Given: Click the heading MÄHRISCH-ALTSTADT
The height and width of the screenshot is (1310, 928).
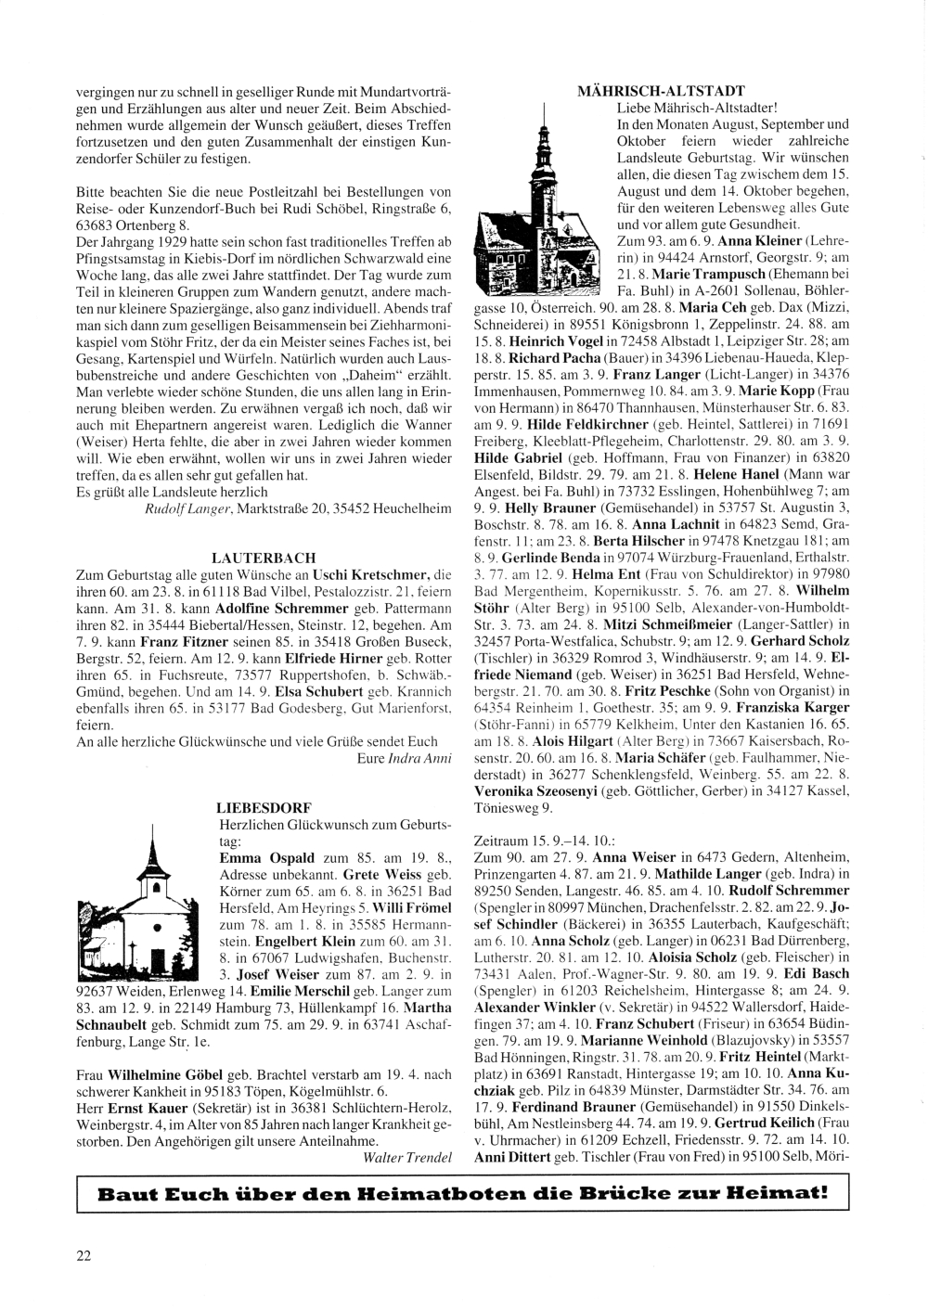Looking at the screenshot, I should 660,91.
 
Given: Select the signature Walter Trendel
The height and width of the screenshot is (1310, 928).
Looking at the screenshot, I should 406,1157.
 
